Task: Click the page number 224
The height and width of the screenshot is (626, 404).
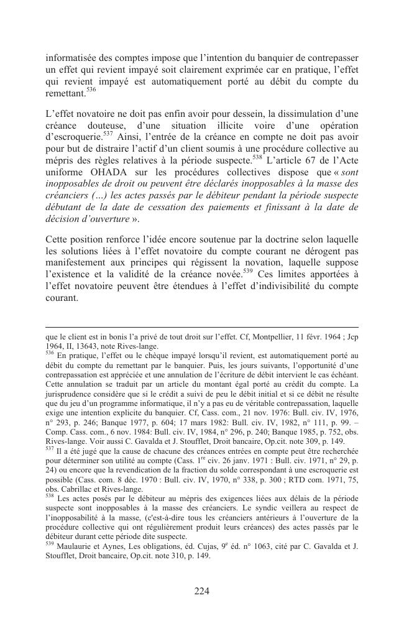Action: (x=201, y=591)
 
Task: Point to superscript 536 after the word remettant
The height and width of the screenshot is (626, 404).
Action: (x=91, y=90)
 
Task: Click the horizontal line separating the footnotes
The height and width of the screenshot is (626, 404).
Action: (x=202, y=326)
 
